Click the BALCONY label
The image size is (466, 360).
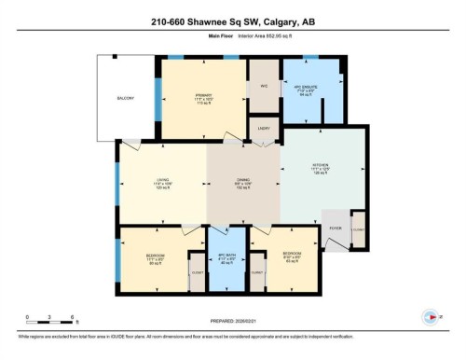click(x=126, y=98)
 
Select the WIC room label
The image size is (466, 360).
click(x=263, y=87)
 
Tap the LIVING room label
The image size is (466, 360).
click(x=164, y=182)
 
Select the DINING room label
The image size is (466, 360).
click(x=241, y=182)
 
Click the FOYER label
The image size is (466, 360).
click(x=336, y=228)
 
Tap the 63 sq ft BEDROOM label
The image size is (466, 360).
click(x=293, y=256)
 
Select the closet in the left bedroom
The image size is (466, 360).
click(x=198, y=271)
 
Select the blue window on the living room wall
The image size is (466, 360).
click(x=117, y=196)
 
